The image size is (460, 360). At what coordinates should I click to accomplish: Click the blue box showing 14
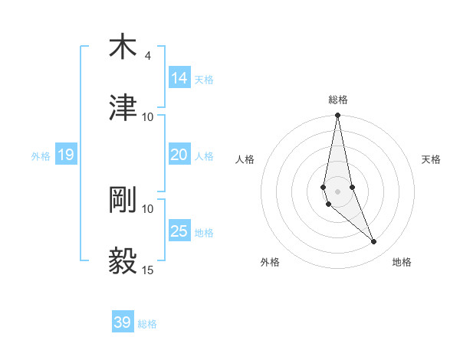pos(179,78)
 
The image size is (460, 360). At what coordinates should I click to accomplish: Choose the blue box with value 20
pos(179,155)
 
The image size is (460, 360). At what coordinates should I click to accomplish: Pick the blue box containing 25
pos(179,231)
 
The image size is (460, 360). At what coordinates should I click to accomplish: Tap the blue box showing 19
pos(65,155)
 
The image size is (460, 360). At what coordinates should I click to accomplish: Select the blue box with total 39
pos(123,322)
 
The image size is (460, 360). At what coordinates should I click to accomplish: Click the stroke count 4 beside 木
pos(147,56)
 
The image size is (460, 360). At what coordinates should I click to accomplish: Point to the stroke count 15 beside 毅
pos(147,270)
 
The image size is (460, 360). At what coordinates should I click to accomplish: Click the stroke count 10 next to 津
pos(147,116)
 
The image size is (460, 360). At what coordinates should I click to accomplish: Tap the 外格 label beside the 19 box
pos(41,155)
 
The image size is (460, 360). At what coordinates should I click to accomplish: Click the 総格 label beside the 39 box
pos(147,324)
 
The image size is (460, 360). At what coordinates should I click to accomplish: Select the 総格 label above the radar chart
pos(338,100)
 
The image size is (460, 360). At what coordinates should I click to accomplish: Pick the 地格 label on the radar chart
pos(402,263)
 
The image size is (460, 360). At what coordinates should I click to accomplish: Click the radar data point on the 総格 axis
pos(338,116)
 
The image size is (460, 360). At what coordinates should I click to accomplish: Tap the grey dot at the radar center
pos(338,191)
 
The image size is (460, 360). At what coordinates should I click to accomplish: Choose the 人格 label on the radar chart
pos(245,159)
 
